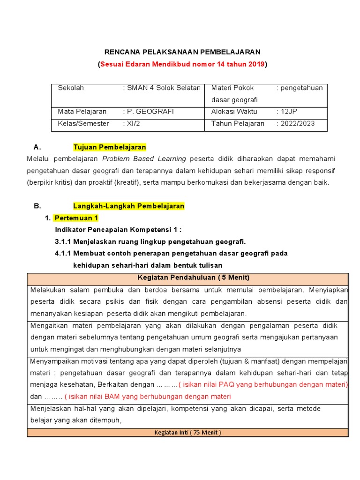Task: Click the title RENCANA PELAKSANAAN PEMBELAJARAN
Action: pyautogui.click(x=182, y=52)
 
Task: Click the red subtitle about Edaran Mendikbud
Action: pyautogui.click(x=182, y=64)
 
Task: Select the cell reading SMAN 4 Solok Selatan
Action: pyautogui.click(x=164, y=88)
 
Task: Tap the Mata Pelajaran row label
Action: pyautogui.click(x=82, y=112)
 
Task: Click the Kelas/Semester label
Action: pyautogui.click(x=83, y=124)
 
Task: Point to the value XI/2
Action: pyautogui.click(x=133, y=124)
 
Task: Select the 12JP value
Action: pyautogui.click(x=289, y=112)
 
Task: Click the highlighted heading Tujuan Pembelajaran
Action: pyautogui.click(x=110, y=147)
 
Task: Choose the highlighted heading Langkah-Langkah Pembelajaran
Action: pyautogui.click(x=129, y=206)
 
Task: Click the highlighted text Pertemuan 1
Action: pyautogui.click(x=76, y=218)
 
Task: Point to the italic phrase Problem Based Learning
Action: pyautogui.click(x=144, y=159)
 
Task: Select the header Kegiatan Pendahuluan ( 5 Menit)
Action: pyautogui.click(x=187, y=277)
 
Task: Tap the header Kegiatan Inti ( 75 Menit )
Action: pyautogui.click(x=187, y=432)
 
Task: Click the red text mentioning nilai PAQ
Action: pyautogui.click(x=265, y=384)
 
